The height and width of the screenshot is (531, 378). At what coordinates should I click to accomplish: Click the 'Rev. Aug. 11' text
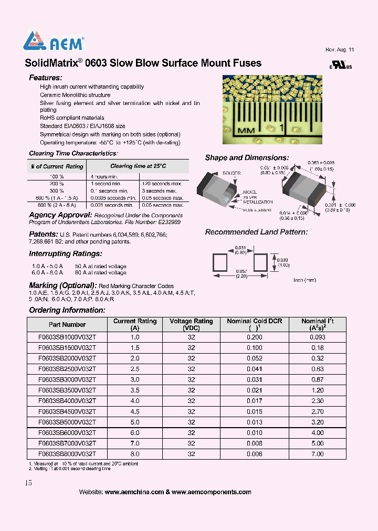(340, 49)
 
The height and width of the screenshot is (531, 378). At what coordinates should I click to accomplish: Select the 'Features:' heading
(46, 78)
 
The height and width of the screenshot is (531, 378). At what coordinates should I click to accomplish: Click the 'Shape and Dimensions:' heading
(247, 158)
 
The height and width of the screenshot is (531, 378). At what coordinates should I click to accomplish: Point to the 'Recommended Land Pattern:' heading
(256, 232)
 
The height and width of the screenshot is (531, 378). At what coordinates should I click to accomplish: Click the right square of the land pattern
(261, 262)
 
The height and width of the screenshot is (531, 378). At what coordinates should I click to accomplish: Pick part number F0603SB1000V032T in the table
(67, 337)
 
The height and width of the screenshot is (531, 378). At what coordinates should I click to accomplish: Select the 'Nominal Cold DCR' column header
(255, 321)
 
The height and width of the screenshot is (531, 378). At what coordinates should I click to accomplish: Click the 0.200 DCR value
(255, 337)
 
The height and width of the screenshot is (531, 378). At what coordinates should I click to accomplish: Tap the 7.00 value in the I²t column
(318, 454)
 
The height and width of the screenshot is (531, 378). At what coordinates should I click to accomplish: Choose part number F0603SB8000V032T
(67, 454)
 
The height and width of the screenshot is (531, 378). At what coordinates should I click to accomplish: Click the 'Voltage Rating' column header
(192, 321)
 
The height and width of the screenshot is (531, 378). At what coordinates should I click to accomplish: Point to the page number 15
(28, 483)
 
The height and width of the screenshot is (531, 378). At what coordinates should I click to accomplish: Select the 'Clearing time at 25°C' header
(138, 166)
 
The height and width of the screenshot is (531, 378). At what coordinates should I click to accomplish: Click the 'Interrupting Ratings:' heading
(65, 254)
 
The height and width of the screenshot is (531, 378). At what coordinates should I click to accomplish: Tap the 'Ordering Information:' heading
(67, 310)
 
